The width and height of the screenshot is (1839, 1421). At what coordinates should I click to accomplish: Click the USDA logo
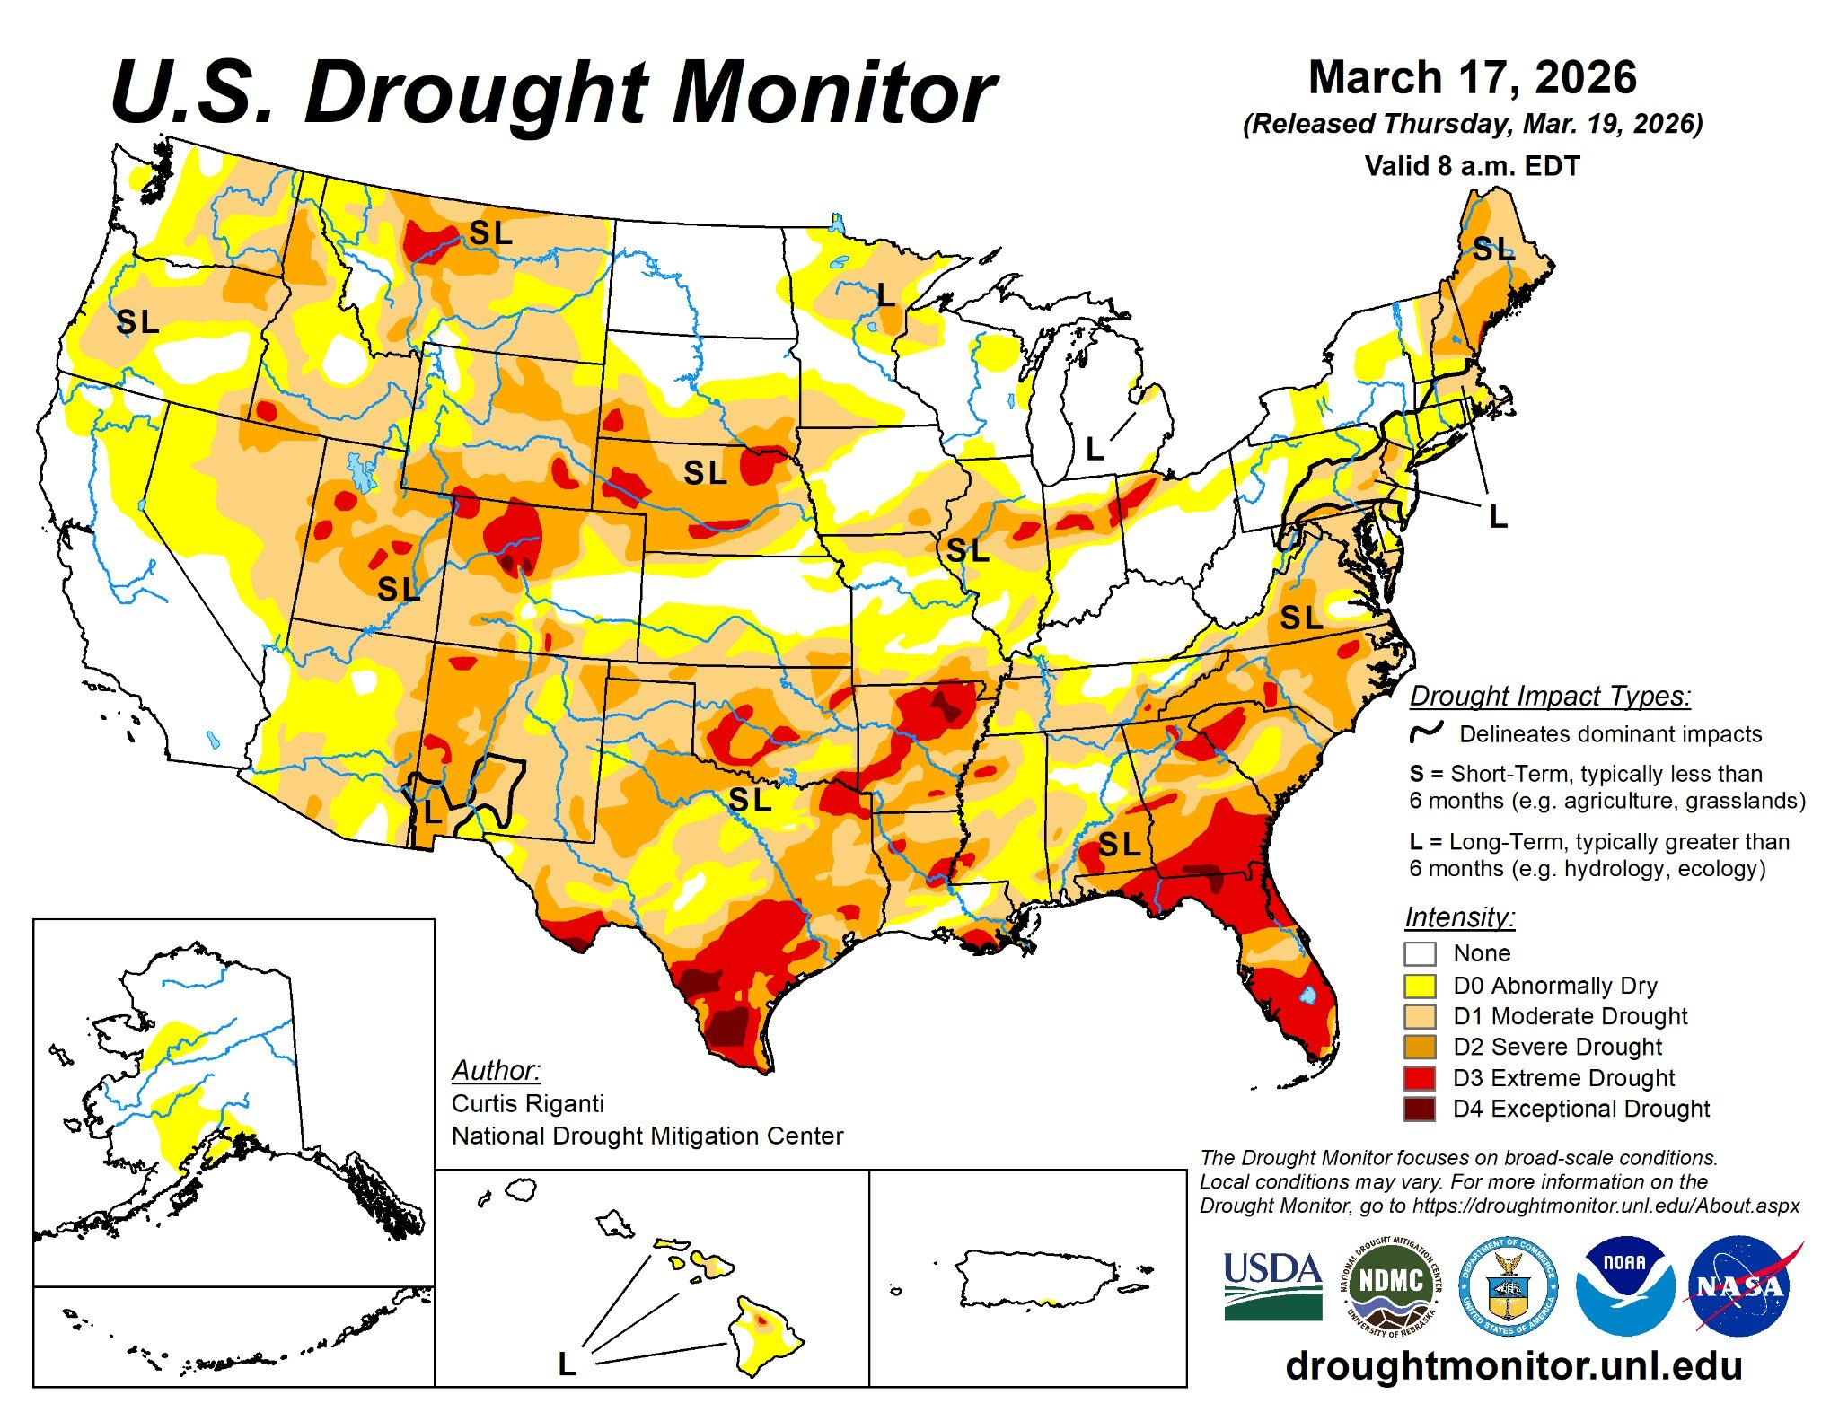click(1272, 1285)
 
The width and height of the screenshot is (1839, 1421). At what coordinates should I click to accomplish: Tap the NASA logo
click(1739, 1286)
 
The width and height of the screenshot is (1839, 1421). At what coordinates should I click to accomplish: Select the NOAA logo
click(1624, 1286)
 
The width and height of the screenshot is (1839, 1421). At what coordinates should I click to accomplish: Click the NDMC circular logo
click(1391, 1286)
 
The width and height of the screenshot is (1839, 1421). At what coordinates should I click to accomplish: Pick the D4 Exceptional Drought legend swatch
click(1420, 1109)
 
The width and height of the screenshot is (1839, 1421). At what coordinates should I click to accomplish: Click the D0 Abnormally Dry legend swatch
click(1420, 985)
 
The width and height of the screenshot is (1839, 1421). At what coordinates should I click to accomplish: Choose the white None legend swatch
click(1420, 953)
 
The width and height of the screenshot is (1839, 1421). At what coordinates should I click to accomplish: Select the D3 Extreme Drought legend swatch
click(1420, 1077)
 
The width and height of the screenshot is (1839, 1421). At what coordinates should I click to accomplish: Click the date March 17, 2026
click(1473, 78)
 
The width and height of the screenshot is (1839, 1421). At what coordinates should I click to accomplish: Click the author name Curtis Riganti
click(528, 1103)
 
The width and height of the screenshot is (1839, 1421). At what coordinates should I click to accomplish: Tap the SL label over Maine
click(1493, 250)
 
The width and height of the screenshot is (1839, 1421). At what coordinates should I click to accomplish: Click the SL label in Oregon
click(137, 321)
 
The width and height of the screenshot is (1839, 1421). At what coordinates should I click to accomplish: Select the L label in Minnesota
click(885, 294)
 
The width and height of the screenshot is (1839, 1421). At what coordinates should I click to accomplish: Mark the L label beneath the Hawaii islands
click(567, 1364)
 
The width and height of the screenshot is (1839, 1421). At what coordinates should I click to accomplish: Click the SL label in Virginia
click(1301, 618)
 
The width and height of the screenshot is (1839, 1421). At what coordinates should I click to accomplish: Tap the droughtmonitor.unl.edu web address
click(1514, 1365)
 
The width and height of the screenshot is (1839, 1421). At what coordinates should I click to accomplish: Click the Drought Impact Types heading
click(1550, 696)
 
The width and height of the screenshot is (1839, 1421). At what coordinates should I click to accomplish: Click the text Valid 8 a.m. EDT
click(1472, 166)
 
